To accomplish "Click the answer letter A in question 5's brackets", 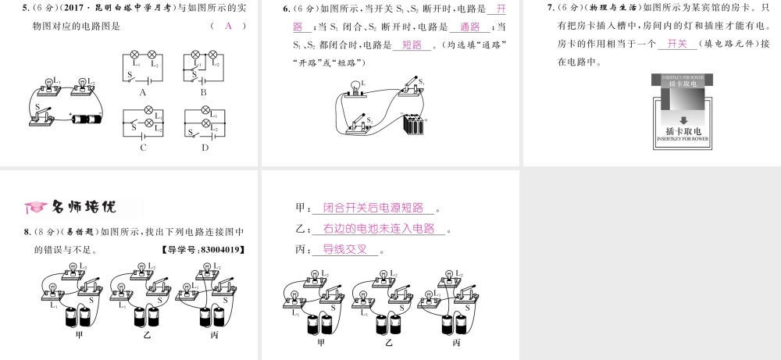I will coord(228,26).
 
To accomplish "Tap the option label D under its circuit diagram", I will coord(205,147).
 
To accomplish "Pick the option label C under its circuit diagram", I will coord(144,147).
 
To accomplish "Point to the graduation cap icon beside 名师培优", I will coord(35,208).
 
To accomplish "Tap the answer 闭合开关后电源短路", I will coord(373,208).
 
